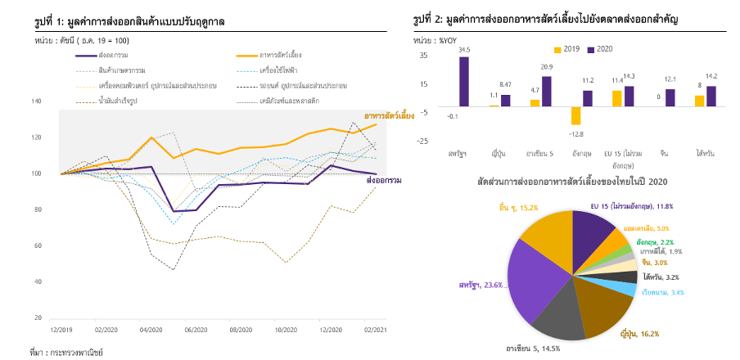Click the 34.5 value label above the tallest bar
(x=464, y=51)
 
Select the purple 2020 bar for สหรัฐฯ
(x=464, y=81)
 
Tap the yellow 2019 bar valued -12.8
(x=576, y=116)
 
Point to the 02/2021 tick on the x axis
(x=376, y=330)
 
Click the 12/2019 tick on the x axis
(x=62, y=330)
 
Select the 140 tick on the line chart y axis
(x=36, y=101)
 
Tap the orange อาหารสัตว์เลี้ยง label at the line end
(x=389, y=116)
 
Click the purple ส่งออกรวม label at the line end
(x=382, y=179)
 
